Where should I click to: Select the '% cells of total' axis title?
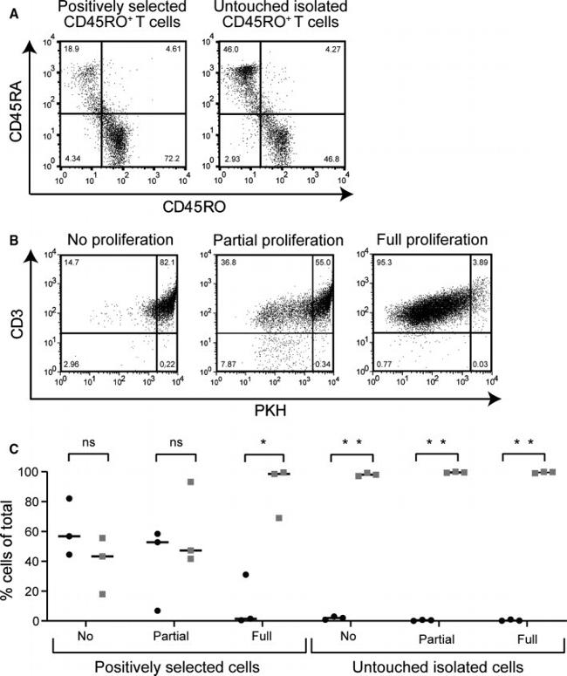tap(13, 545)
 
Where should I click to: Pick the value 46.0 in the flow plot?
tap(229, 51)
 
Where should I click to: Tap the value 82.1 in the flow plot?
tap(167, 261)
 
